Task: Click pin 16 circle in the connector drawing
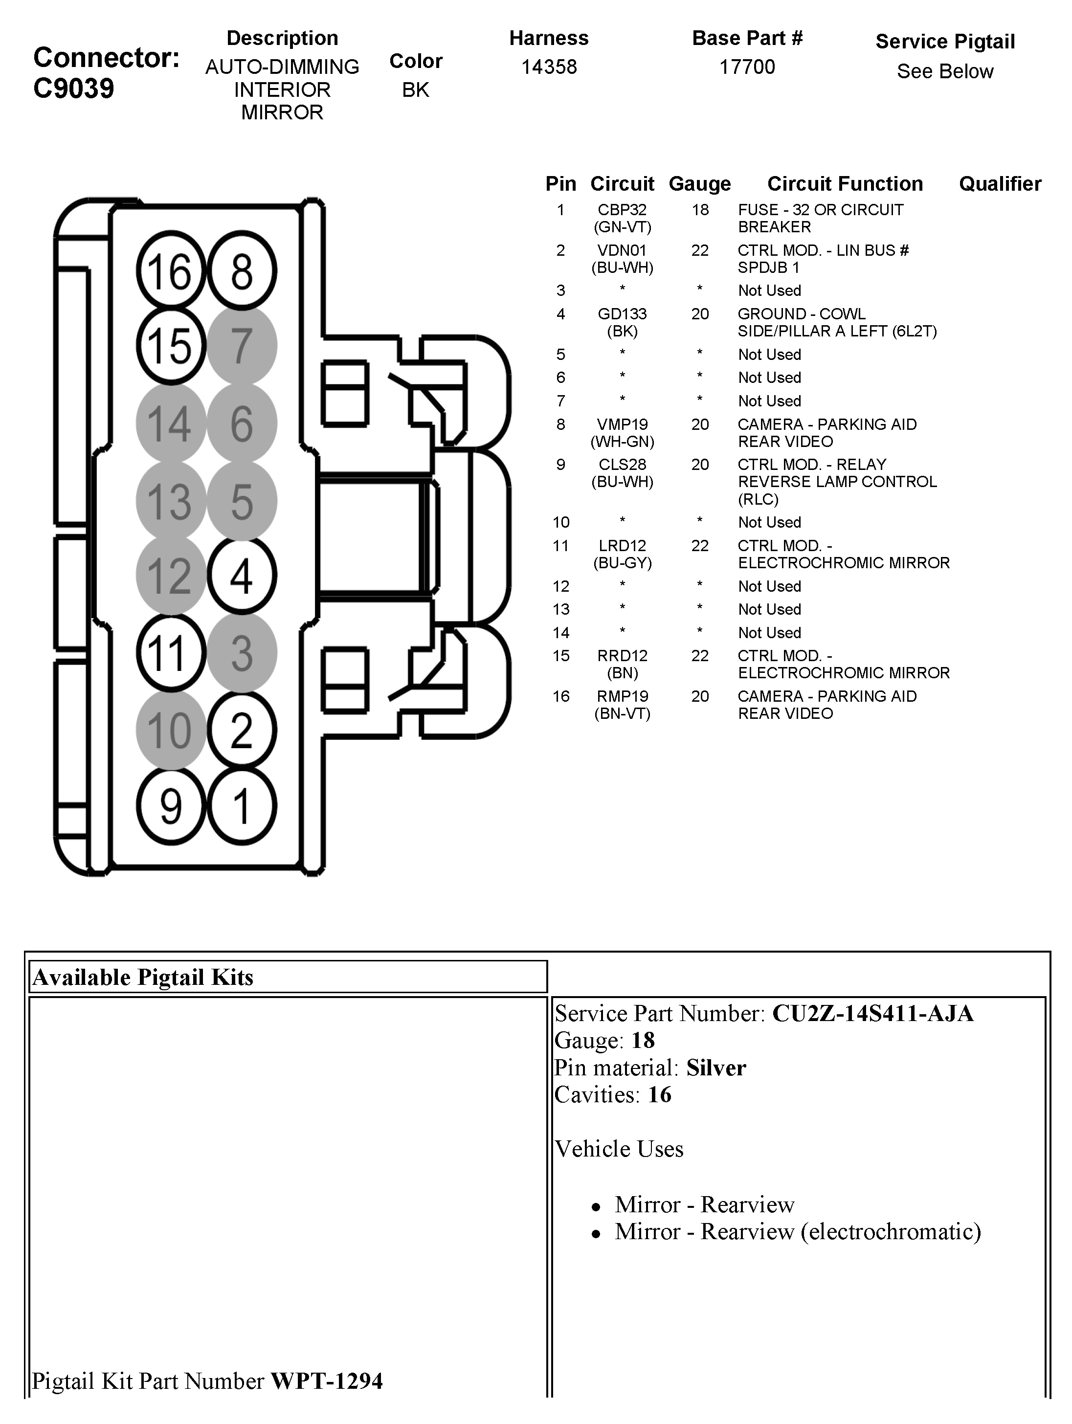170,271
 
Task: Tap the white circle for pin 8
242,271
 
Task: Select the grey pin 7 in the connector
242,346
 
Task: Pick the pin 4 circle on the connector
242,576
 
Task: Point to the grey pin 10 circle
170,730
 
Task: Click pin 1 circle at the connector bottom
242,806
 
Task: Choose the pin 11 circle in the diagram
170,653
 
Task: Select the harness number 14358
549,67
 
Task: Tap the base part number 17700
747,67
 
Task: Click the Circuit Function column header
845,184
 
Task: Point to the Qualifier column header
1000,184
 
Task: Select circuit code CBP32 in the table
622,210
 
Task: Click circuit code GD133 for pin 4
622,314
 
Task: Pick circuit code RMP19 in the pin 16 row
622,696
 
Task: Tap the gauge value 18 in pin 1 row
700,210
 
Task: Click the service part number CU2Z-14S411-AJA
872,1013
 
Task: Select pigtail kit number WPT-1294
326,1381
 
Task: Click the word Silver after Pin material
716,1068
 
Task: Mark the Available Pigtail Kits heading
143,977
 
